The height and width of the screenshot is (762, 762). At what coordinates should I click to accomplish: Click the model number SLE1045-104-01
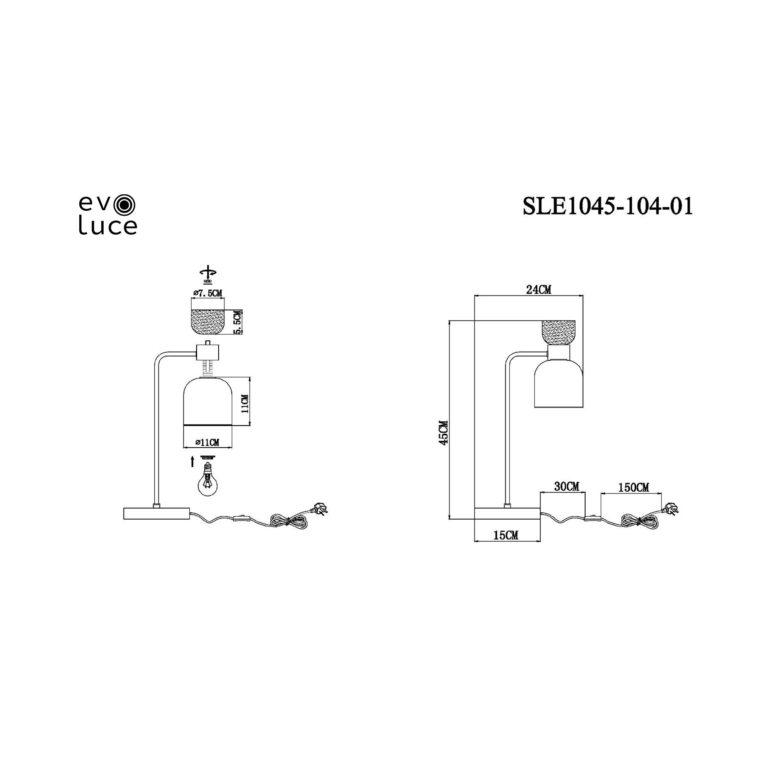(x=607, y=206)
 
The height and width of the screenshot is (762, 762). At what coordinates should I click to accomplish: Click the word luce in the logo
(x=108, y=226)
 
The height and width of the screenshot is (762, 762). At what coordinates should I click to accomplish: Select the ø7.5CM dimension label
(x=208, y=293)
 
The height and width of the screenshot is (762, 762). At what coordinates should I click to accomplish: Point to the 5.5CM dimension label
(x=237, y=322)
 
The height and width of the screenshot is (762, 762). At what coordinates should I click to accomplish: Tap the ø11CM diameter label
(x=208, y=442)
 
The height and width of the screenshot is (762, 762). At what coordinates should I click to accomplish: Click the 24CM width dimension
(x=538, y=290)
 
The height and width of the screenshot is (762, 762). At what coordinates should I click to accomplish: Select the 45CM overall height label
(x=444, y=433)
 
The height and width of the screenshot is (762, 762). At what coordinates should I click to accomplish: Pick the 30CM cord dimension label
(x=567, y=487)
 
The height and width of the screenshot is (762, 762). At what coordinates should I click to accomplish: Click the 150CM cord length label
(x=633, y=488)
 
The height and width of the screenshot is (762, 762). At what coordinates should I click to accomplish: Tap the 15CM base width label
(x=506, y=535)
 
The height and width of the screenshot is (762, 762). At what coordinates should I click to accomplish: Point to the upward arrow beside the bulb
(x=192, y=461)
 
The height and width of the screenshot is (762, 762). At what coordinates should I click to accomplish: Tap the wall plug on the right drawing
(x=672, y=508)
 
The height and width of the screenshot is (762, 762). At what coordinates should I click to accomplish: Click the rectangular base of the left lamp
(x=156, y=514)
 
